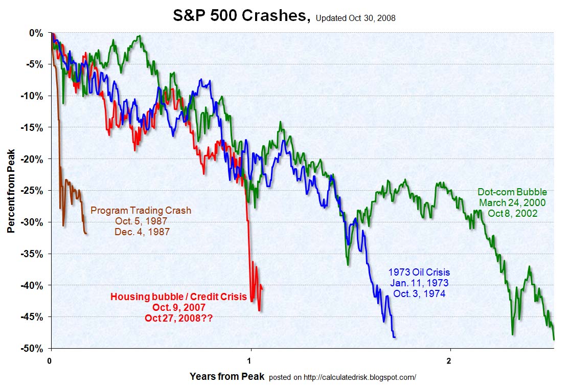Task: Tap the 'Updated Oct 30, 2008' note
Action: [356, 18]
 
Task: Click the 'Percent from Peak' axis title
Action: [11, 190]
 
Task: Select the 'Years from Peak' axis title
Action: [227, 377]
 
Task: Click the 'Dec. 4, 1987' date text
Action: [142, 231]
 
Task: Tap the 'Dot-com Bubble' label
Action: [512, 192]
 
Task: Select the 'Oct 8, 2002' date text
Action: [513, 213]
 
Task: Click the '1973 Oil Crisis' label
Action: [419, 273]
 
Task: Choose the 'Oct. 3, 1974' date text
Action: [419, 293]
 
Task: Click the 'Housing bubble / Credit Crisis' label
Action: [179, 297]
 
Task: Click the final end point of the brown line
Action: [86, 234]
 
